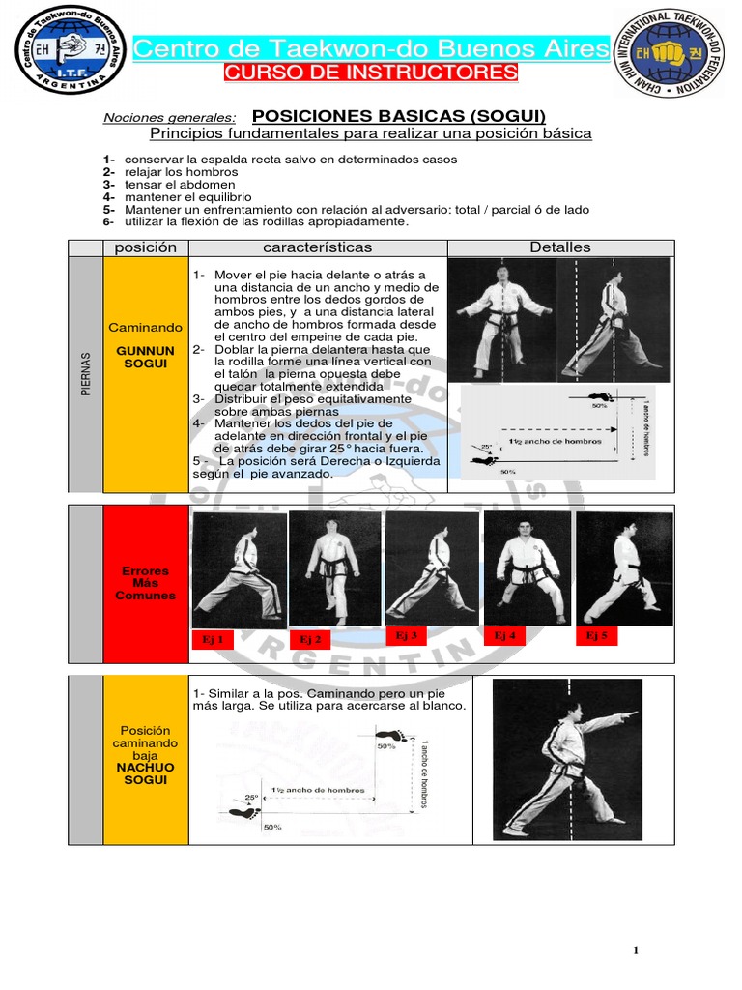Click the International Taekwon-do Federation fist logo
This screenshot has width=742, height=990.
(675, 54)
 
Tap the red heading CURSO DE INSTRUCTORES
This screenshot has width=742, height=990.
(371, 73)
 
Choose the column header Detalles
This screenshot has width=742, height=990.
(559, 247)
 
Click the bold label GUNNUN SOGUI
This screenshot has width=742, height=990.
(145, 357)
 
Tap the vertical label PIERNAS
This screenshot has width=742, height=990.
(85, 372)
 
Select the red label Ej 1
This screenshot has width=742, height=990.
(213, 639)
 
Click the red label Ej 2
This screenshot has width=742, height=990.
(309, 639)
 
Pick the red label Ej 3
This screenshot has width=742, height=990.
(407, 635)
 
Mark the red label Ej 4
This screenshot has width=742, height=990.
(504, 635)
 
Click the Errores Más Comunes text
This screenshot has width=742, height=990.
(145, 583)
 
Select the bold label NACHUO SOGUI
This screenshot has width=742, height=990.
(145, 772)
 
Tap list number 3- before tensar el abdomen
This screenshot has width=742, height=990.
(109, 184)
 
